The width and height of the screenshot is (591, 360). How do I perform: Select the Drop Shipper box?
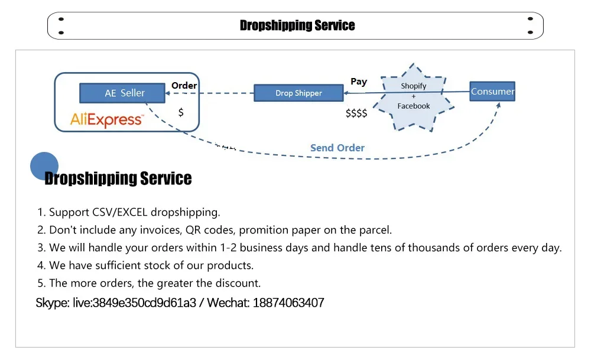coord(298,93)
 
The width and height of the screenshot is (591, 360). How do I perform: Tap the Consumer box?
coord(492,91)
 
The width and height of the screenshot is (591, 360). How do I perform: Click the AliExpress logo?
coord(106,120)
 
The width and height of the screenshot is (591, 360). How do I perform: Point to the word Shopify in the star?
coord(413,86)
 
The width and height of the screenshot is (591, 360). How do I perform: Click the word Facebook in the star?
coord(413,106)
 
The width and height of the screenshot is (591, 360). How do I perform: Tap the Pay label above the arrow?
coord(359,82)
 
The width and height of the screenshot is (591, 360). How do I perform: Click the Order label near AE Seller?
coord(184,86)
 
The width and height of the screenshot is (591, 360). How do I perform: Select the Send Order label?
coord(337,148)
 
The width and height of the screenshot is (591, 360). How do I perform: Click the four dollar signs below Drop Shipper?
coord(356,113)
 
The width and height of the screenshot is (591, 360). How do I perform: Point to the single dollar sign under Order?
coord(181,112)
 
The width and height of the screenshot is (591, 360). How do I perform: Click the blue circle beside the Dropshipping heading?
coord(44,166)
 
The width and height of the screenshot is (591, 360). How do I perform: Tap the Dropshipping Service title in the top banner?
coord(297,25)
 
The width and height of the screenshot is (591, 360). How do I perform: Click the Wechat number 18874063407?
coord(288,303)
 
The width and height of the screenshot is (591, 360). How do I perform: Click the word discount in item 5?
coord(239,283)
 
